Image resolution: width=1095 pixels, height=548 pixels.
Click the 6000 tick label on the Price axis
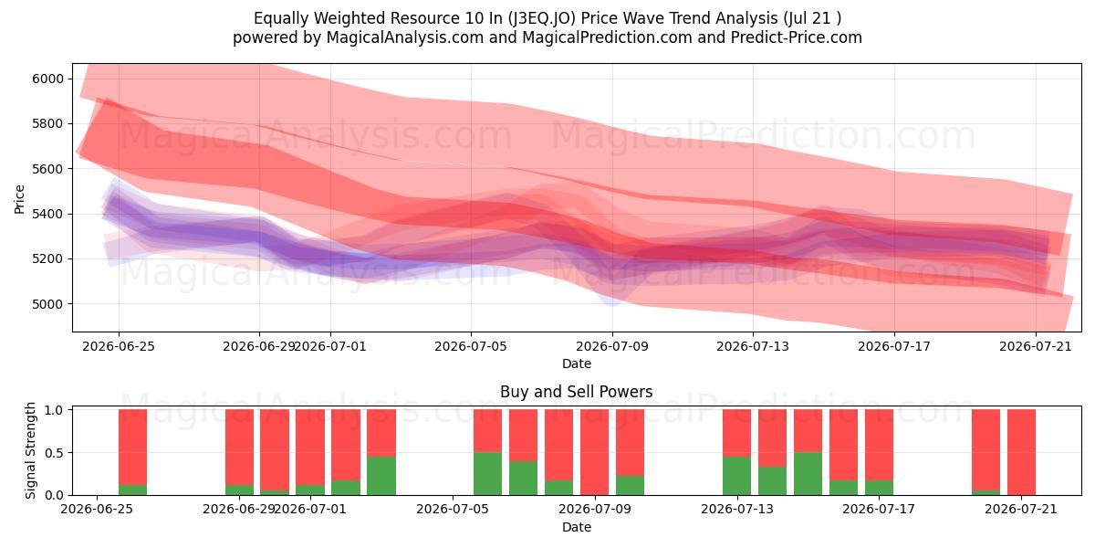click(x=47, y=79)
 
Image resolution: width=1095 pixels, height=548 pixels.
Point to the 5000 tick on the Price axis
click(x=47, y=304)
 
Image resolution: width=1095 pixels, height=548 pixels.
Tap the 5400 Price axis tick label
click(x=47, y=215)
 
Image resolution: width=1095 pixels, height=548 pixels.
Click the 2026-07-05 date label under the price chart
click(x=471, y=346)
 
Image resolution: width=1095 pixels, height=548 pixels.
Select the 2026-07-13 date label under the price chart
click(x=753, y=346)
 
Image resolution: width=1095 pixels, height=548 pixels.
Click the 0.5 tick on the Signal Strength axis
click(x=54, y=453)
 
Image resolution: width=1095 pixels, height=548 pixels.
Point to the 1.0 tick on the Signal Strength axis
click(x=54, y=410)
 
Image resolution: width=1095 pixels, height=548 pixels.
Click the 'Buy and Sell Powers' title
click(x=577, y=392)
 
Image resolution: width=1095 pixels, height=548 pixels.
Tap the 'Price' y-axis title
click(x=19, y=199)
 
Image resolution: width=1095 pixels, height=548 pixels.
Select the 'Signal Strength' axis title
click(x=30, y=450)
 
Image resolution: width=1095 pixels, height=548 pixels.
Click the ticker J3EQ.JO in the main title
click(x=542, y=18)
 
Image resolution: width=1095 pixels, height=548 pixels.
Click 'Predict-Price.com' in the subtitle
click(x=797, y=37)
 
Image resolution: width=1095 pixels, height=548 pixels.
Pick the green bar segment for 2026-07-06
click(x=488, y=474)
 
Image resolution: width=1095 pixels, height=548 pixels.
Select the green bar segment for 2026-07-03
click(x=381, y=476)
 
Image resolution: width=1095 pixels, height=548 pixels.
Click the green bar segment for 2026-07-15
click(x=808, y=474)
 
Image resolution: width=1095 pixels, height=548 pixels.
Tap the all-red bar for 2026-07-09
click(x=594, y=452)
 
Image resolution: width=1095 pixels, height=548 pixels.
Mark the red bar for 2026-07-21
click(x=1022, y=452)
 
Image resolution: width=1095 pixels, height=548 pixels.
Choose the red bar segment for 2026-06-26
click(x=132, y=448)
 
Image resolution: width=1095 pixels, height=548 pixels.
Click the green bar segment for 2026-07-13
click(x=736, y=476)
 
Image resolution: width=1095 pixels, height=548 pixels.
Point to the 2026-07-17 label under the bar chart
click(x=879, y=509)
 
